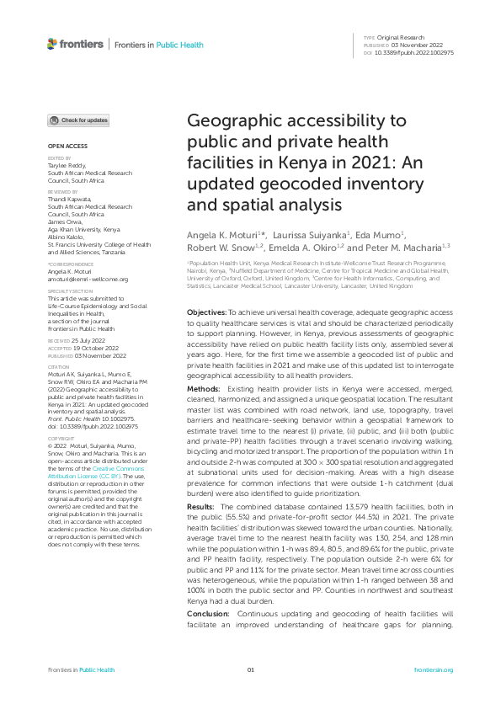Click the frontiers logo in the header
coord(76,44)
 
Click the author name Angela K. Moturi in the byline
coord(219,232)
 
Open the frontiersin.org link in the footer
coord(434,669)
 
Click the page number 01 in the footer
coord(250,669)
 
